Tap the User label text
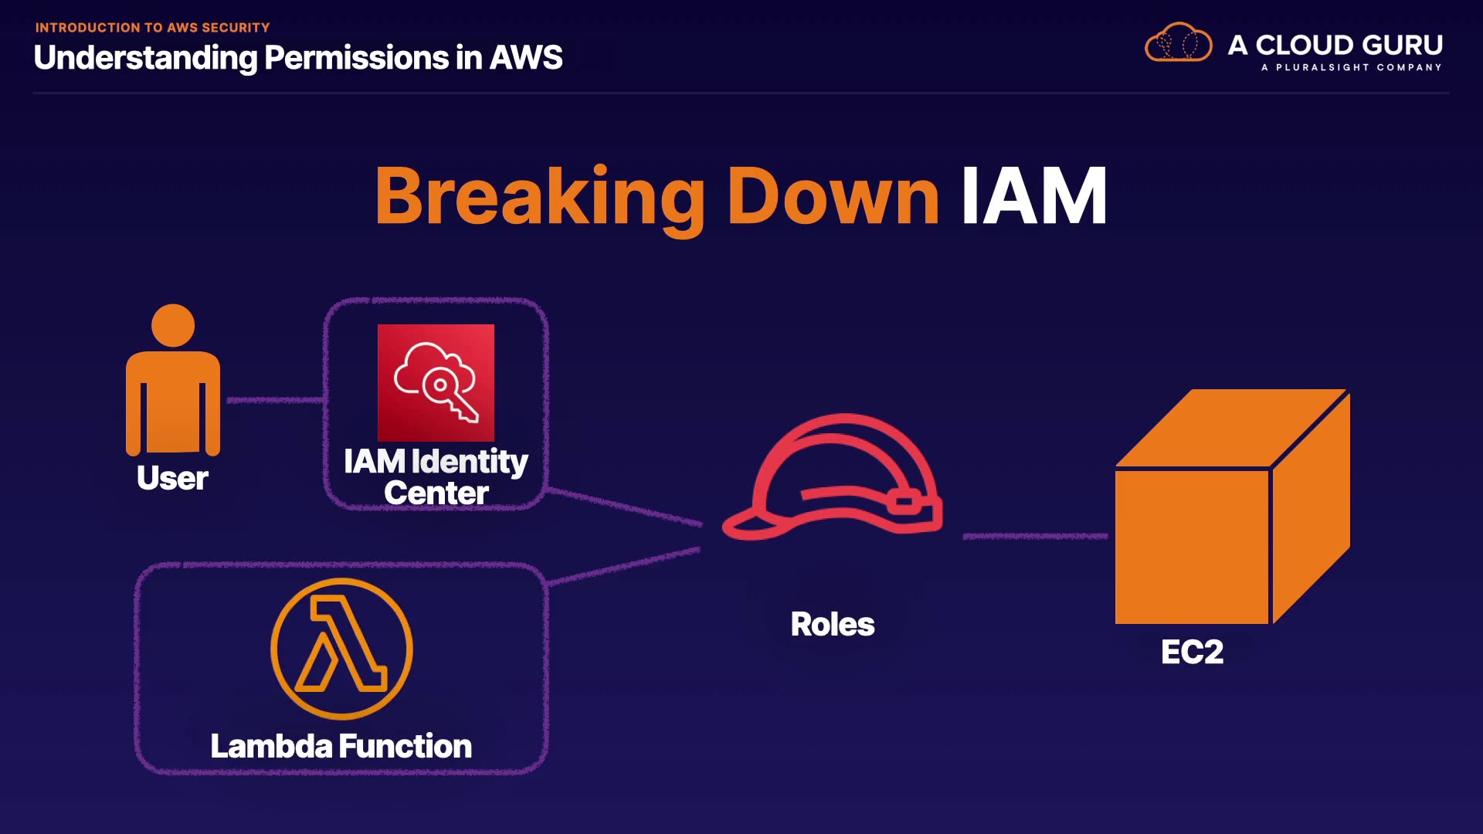pyautogui.click(x=172, y=478)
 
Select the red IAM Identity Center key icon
pyautogui.click(x=436, y=382)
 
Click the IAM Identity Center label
pyautogui.click(x=436, y=477)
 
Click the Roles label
pyautogui.click(x=833, y=624)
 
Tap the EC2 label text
pyautogui.click(x=1192, y=653)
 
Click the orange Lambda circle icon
pyautogui.click(x=341, y=649)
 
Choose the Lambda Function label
pyautogui.click(x=341, y=746)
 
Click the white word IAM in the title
pyautogui.click(x=1033, y=197)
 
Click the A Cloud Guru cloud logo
pyautogui.click(x=1178, y=43)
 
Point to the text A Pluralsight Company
pyautogui.click(x=1351, y=68)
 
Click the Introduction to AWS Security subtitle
pyautogui.click(x=152, y=28)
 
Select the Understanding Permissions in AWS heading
pyautogui.click(x=298, y=58)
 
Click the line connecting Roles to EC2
pyautogui.click(x=1035, y=536)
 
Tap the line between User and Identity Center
pyautogui.click(x=275, y=400)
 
